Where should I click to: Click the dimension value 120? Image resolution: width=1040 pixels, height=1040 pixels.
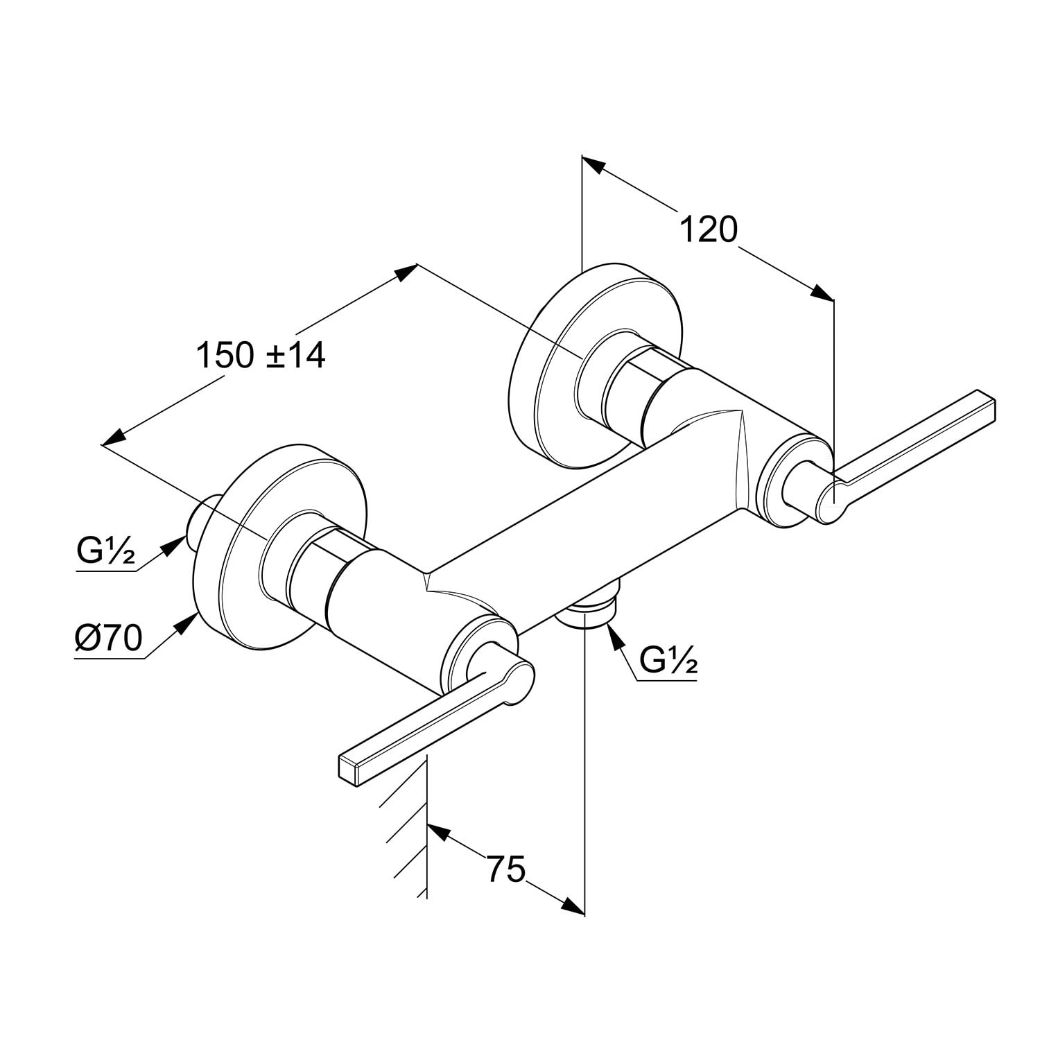[x=708, y=229]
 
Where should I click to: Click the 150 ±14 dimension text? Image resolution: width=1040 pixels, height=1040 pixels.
[x=261, y=356]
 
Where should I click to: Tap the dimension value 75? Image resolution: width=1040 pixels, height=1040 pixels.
[x=505, y=869]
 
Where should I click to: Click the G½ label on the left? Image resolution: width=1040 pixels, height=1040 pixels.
[x=106, y=552]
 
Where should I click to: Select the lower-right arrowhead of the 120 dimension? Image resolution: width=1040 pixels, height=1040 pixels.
[x=823, y=293]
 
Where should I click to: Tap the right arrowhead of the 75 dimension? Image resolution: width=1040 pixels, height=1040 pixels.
[x=573, y=906]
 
